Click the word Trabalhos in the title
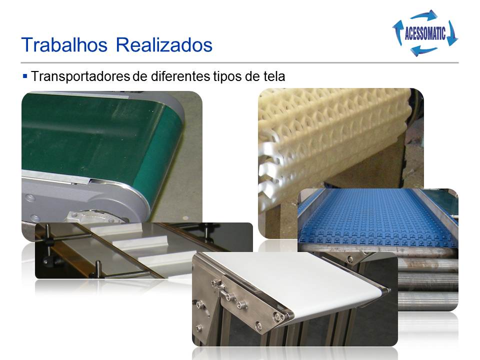click(64, 44)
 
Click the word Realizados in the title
click(164, 44)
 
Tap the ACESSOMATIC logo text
click(425, 33)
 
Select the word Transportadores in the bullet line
click(80, 76)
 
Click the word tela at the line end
click(274, 76)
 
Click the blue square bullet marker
click(25, 75)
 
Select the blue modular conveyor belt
click(376, 217)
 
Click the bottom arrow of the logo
click(424, 50)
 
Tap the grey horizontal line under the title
click(239, 63)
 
